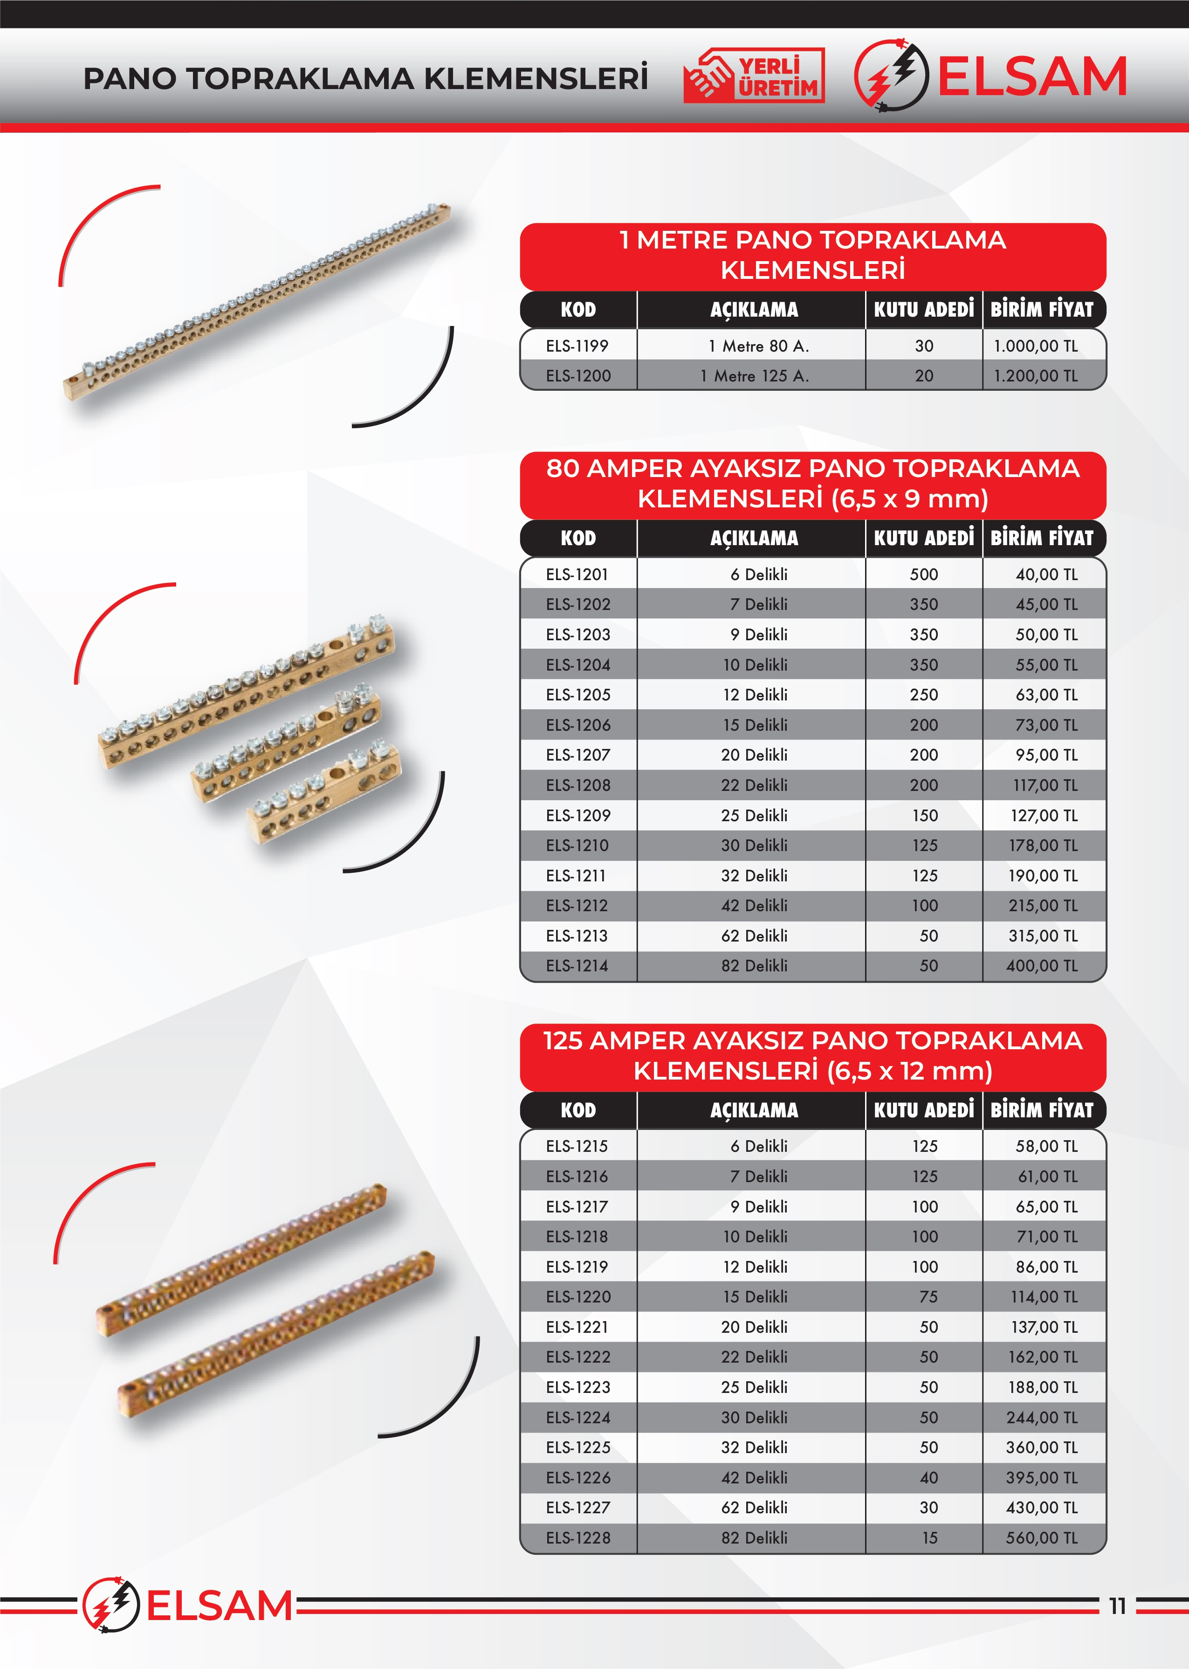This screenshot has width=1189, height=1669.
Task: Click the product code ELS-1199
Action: pyautogui.click(x=577, y=346)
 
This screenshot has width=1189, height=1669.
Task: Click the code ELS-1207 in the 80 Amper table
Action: pyautogui.click(x=577, y=755)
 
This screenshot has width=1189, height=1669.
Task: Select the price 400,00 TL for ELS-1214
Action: pyautogui.click(x=1041, y=966)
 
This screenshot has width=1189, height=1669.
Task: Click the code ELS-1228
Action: pyautogui.click(x=577, y=1538)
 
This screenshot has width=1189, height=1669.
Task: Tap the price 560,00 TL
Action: pyautogui.click(x=1041, y=1538)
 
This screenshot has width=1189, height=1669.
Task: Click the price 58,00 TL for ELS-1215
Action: pyautogui.click(x=1046, y=1146)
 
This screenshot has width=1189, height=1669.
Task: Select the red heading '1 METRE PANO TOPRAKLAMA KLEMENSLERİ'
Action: pyautogui.click(x=813, y=255)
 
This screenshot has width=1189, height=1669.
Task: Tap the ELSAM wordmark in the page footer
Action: pyautogui.click(x=220, y=1606)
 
